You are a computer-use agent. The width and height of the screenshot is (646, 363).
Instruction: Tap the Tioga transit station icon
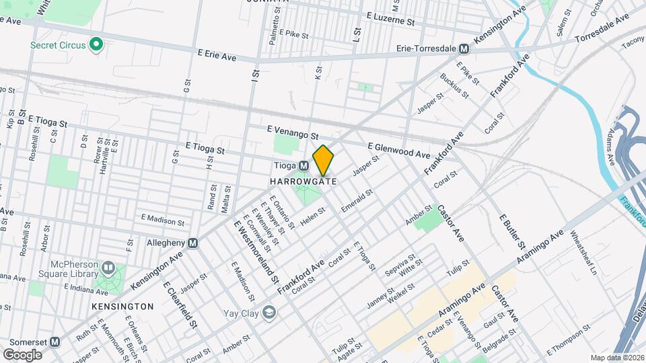click(303, 165)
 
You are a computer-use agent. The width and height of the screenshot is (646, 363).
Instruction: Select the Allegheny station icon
click(193, 243)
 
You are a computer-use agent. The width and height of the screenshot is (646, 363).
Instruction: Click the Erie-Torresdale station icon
click(464, 48)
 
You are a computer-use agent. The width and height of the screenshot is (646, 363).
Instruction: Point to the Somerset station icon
click(55, 341)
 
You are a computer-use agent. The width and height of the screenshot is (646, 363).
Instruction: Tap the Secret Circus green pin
click(96, 45)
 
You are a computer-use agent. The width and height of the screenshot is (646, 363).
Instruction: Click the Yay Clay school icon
click(270, 312)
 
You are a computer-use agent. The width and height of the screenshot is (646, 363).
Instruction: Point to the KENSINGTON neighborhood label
click(122, 306)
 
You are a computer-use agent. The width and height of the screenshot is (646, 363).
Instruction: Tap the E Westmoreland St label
click(256, 250)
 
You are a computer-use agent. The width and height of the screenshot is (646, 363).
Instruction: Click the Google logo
click(22, 354)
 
